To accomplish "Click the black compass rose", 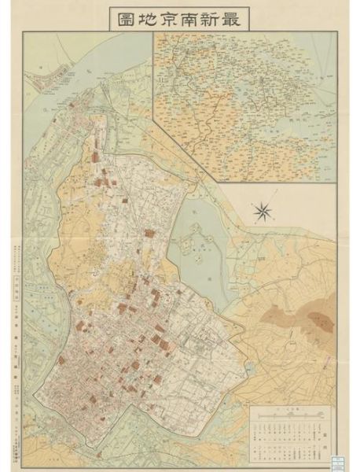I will coord(262,210).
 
